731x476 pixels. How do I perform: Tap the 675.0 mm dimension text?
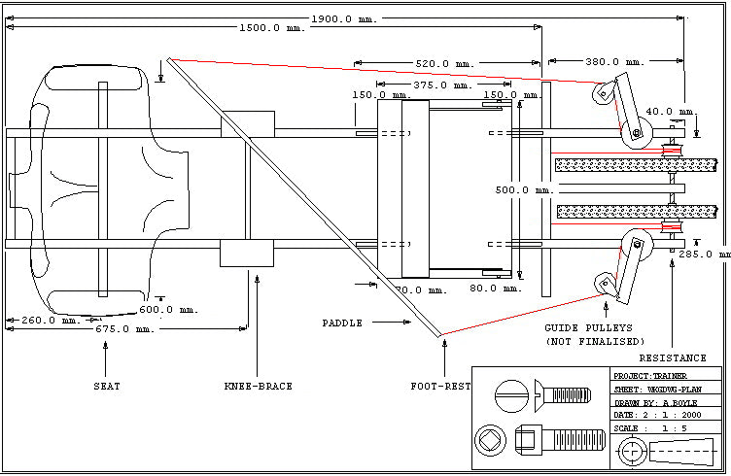tap(125, 329)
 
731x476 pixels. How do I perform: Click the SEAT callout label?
tap(107, 387)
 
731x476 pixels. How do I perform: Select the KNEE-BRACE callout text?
tap(258, 387)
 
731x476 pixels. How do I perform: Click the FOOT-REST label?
tap(440, 387)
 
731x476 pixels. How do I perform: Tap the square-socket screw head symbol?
tap(491, 442)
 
